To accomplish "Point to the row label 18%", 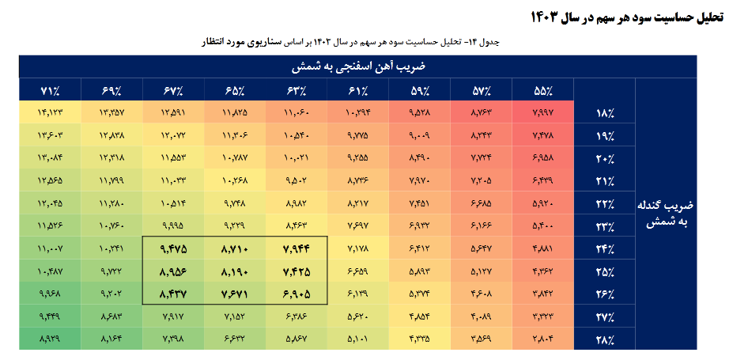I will [x=604, y=114].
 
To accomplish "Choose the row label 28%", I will [x=604, y=340].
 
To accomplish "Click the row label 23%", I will [x=604, y=227].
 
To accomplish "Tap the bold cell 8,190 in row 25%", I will [x=234, y=271].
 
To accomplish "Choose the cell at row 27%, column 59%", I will [x=419, y=316].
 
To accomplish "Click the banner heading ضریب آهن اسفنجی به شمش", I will [x=357, y=66].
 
